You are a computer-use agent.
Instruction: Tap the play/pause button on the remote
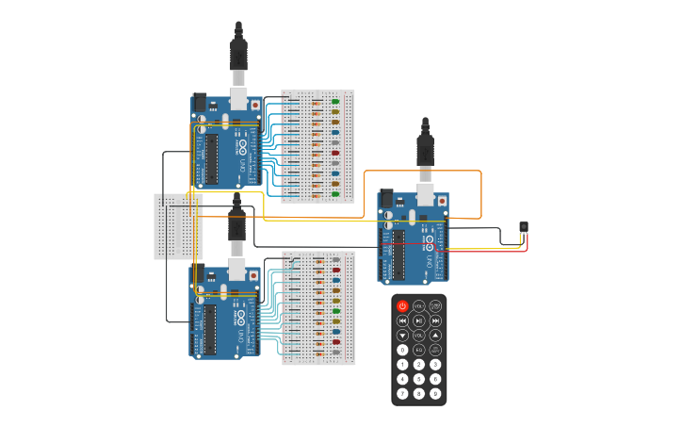click(419, 320)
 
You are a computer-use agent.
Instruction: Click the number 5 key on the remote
click(419, 379)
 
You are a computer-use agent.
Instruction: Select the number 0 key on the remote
click(402, 350)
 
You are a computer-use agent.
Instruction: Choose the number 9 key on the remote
click(435, 393)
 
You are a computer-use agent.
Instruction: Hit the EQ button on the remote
click(419, 350)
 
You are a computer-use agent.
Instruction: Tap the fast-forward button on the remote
click(435, 320)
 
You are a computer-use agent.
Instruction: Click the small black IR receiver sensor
click(524, 227)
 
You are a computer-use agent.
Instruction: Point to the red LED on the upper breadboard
click(335, 153)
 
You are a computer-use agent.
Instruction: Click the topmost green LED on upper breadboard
click(335, 101)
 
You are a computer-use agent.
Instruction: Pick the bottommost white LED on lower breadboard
click(335, 353)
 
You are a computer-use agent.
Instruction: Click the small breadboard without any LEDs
click(178, 226)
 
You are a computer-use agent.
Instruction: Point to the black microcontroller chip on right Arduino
click(398, 255)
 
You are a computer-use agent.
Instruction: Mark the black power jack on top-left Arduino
click(200, 102)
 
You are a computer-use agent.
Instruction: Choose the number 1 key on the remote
click(402, 364)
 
